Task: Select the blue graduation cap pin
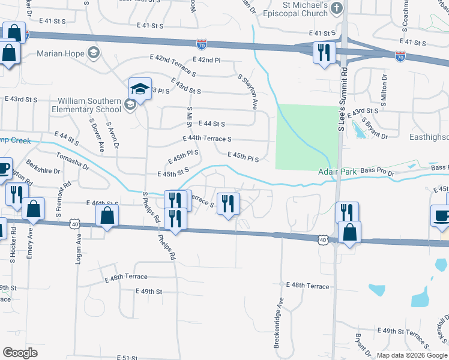point(140,89)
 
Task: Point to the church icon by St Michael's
point(337,8)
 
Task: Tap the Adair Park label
point(337,172)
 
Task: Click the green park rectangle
point(305,136)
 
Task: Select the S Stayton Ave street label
point(247,92)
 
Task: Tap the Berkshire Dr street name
point(43,171)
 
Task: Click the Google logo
point(20,353)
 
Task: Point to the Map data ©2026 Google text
point(411,355)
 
